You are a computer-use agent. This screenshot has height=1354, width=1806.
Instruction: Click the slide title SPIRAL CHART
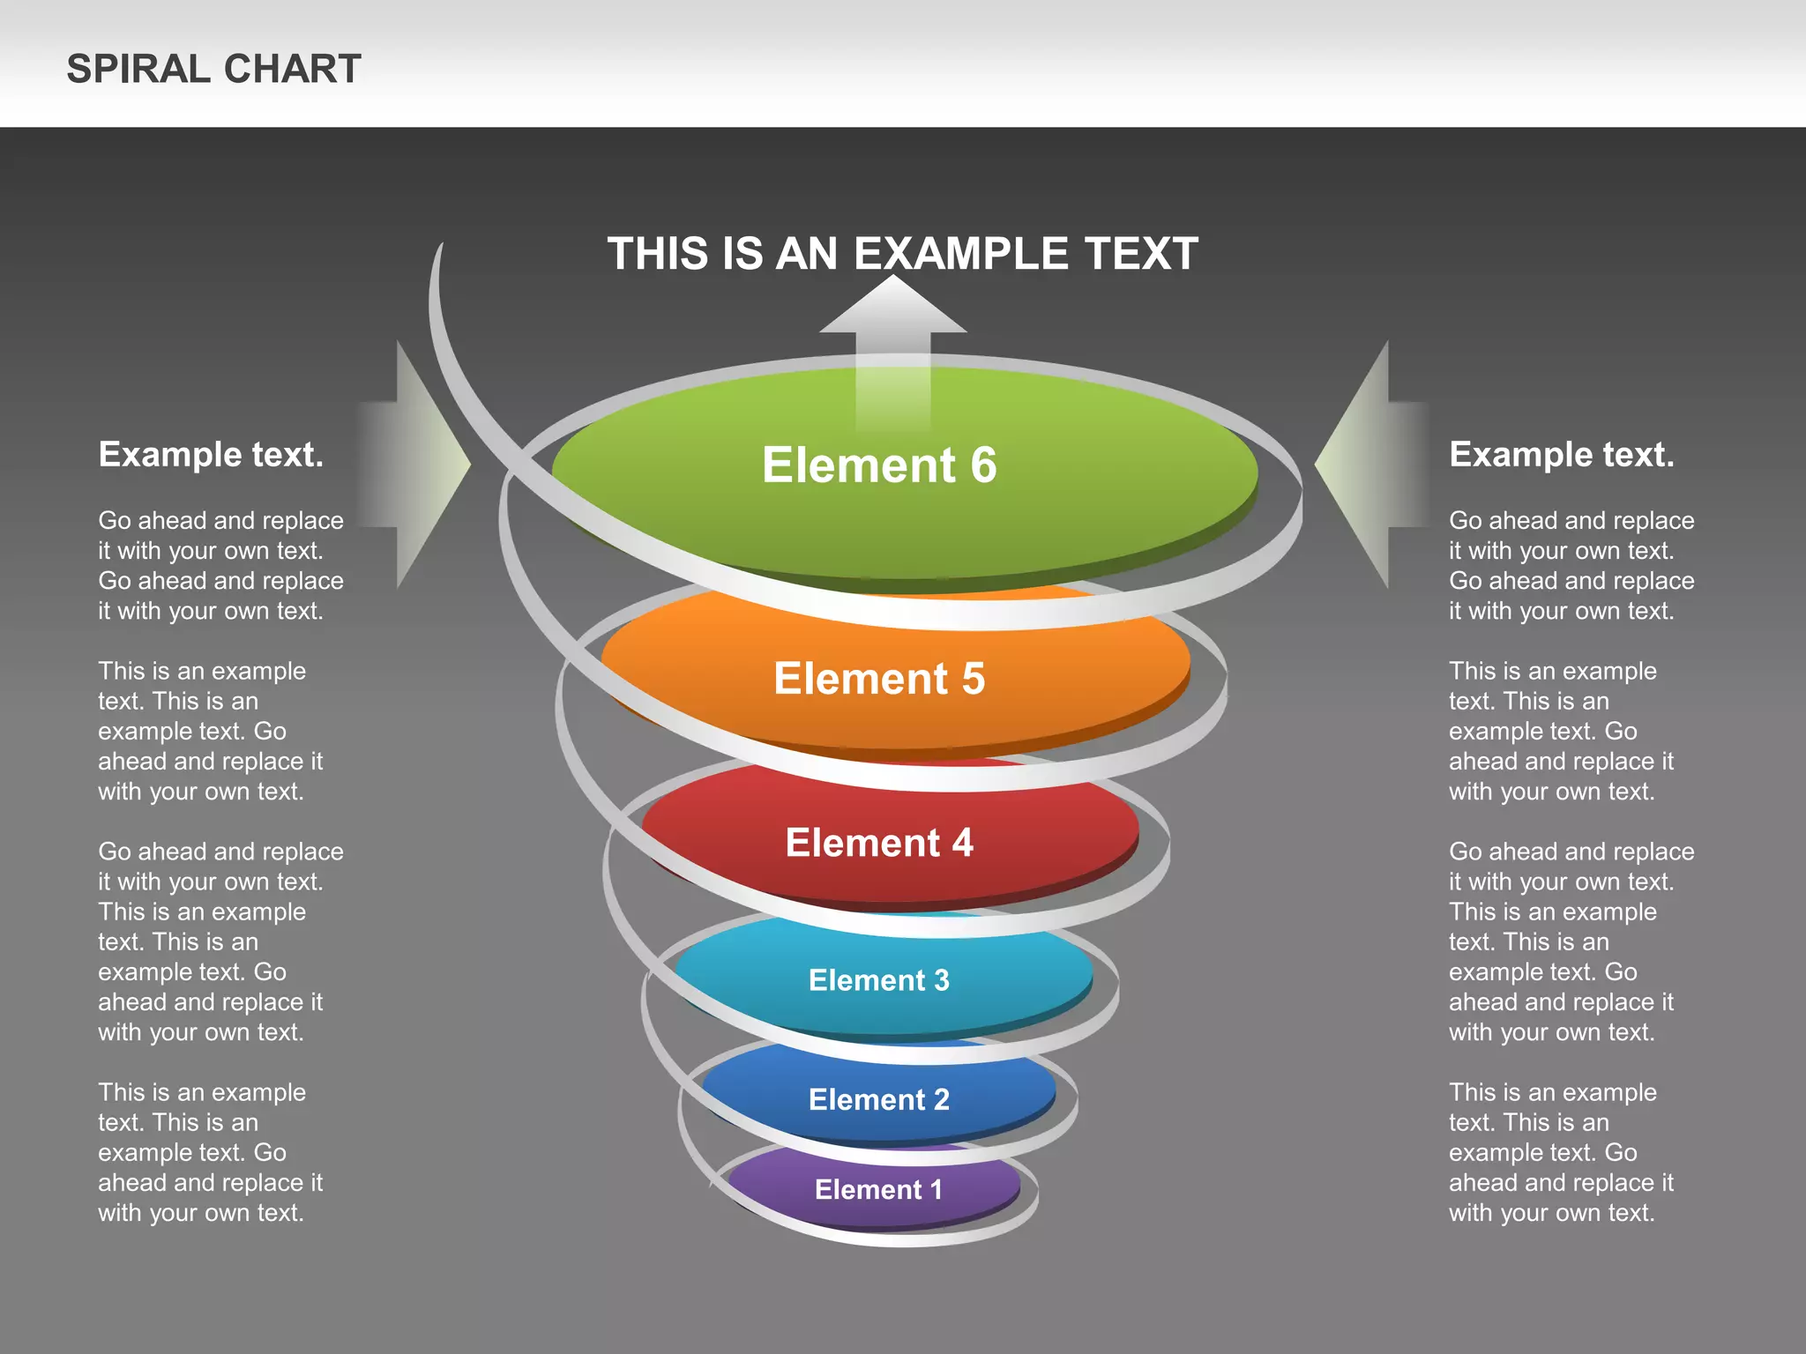tap(213, 69)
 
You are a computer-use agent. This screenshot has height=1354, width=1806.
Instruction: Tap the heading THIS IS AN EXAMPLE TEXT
tap(902, 254)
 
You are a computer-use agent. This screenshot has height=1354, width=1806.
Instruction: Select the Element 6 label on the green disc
tap(879, 465)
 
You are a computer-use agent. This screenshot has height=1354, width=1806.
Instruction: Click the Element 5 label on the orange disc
tap(879, 679)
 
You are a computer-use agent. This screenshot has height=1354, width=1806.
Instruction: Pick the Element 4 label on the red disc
tap(879, 843)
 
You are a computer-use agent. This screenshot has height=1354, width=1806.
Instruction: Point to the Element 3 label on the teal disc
tap(879, 980)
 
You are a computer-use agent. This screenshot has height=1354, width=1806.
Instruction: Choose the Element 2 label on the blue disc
tap(879, 1099)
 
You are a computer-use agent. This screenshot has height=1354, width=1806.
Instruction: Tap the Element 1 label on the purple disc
tap(879, 1189)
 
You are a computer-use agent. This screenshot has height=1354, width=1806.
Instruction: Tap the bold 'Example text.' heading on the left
tap(211, 454)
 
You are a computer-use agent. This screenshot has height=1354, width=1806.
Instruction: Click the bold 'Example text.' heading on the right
tap(1562, 454)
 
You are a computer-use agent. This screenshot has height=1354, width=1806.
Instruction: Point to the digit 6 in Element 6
tap(984, 465)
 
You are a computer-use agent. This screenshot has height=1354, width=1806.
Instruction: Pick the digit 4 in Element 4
tap(962, 843)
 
